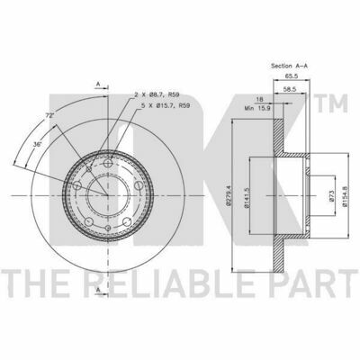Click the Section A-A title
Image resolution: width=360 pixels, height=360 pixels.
coord(290,66)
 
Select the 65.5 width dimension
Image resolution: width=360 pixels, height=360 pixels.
coord(291,76)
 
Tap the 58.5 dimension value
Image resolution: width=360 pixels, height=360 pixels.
coord(290,89)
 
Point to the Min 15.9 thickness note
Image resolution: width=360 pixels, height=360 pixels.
coord(258,108)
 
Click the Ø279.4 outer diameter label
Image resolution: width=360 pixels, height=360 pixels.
coord(229,195)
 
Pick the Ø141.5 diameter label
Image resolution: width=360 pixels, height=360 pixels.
coord(247,198)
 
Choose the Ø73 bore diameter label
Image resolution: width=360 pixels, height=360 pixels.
coord(331,195)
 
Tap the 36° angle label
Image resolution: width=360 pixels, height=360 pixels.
coord(37,144)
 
